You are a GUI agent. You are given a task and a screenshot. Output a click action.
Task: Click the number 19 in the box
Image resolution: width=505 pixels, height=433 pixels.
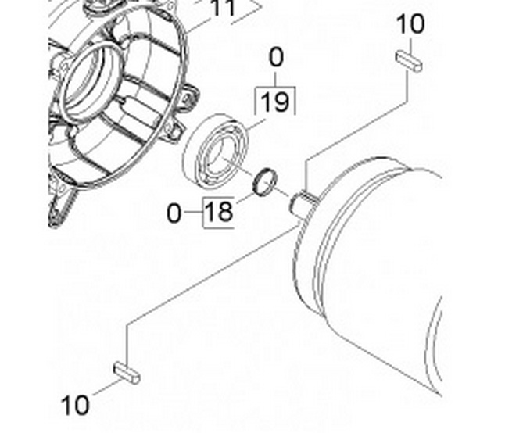click(x=275, y=102)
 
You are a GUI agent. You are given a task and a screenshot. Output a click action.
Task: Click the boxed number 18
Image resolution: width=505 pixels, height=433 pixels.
click(x=218, y=211)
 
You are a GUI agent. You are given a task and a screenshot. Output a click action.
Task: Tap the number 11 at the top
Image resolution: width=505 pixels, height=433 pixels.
click(x=223, y=8)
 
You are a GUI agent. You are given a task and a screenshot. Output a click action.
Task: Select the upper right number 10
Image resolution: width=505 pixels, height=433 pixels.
click(x=410, y=23)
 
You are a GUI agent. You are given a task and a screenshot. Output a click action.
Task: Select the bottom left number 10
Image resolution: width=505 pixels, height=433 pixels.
click(x=75, y=405)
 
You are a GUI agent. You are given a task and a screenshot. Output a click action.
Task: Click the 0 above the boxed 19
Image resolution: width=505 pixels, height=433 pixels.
click(x=276, y=57)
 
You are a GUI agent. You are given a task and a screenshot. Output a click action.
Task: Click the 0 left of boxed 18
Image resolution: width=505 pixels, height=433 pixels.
click(x=174, y=213)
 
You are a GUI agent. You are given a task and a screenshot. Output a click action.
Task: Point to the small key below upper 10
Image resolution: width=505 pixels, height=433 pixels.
click(x=409, y=62)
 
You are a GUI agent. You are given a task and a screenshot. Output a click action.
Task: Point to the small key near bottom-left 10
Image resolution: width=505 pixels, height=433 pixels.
click(x=127, y=373)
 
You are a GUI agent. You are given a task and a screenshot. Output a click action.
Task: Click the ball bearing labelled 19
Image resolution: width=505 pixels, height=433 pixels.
click(x=216, y=151)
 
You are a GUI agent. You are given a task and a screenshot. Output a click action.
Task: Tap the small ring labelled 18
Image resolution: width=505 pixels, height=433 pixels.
click(x=265, y=182)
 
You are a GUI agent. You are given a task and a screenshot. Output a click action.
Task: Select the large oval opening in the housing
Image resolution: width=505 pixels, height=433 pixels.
click(x=91, y=83)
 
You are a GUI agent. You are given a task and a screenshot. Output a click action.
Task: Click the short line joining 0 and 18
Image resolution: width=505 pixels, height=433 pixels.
click(x=192, y=213)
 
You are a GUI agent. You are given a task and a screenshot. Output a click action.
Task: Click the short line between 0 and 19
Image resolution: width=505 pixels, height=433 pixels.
click(x=275, y=79)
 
